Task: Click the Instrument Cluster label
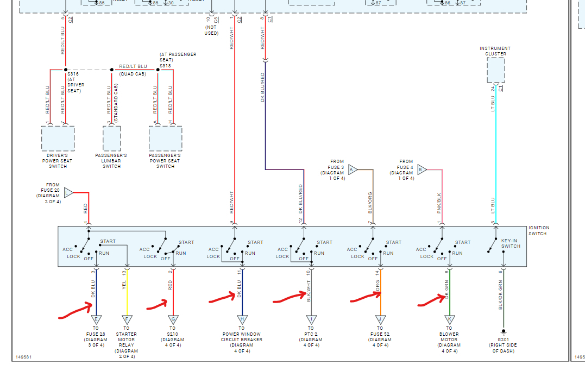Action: pos(495,51)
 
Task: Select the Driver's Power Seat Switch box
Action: pos(58,139)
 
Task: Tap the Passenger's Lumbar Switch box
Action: pos(111,139)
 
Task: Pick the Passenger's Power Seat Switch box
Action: pos(165,139)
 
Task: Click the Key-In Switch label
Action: pos(511,243)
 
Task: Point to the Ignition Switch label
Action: pos(539,230)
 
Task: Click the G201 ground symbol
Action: pos(504,331)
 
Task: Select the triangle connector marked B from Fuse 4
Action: pos(422,169)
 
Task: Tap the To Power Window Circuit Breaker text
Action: pos(242,340)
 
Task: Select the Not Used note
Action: pos(211,30)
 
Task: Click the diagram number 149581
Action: pos(23,357)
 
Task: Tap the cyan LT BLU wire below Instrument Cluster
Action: pos(496,152)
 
